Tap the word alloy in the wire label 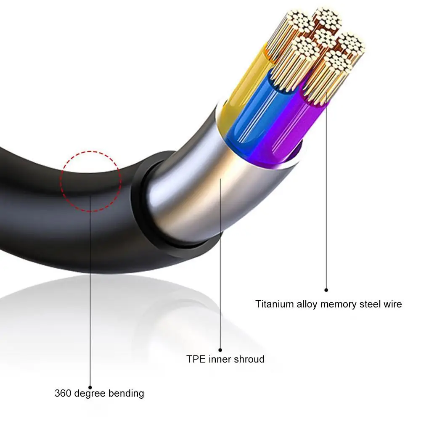pos(306,304)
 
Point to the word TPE pos(195,359)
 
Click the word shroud pos(250,359)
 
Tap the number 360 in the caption pos(63,394)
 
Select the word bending pos(126,394)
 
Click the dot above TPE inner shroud pos(220,350)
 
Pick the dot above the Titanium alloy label pos(326,289)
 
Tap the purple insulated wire pos(286,126)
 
